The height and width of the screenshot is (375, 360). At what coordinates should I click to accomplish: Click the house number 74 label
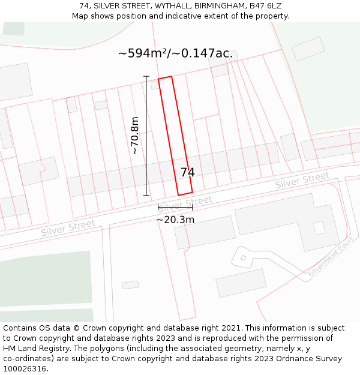187,172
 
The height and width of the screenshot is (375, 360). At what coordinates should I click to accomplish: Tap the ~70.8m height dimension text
135,136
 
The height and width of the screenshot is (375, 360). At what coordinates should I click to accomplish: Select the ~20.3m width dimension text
175,220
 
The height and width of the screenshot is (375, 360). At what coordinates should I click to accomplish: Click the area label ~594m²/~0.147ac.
175,53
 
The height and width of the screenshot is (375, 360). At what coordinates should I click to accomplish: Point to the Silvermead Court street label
330,257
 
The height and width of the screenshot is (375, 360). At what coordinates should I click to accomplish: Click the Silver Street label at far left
68,228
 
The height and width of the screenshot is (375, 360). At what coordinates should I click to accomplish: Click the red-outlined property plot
175,135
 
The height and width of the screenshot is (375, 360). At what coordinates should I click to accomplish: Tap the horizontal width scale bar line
175,207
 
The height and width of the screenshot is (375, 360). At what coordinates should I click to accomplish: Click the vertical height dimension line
146,136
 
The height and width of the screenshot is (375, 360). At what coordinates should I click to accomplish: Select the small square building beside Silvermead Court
243,258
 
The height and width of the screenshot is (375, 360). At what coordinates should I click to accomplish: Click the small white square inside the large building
319,227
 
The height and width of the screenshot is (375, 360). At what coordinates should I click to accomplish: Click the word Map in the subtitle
80,16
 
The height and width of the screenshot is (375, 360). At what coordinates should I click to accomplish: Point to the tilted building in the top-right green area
308,49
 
